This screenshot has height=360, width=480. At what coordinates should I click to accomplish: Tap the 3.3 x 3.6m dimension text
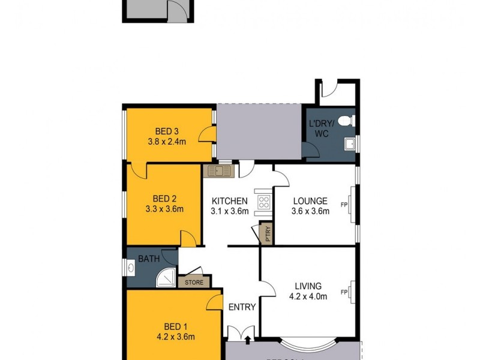pos(164,209)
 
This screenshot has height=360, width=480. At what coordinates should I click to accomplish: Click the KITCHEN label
pos(229,201)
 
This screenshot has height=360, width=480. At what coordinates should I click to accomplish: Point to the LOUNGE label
pos(310,201)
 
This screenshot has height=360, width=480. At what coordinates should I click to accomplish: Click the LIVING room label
pos(308,286)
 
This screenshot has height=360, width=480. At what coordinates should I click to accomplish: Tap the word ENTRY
pos(242,307)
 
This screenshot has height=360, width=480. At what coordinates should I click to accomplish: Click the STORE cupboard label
pos(194,282)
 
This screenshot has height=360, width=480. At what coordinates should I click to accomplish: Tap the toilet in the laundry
pos(346,122)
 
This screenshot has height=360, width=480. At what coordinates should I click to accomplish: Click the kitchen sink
pos(220,171)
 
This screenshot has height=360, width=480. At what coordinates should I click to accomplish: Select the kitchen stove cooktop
pos(263,202)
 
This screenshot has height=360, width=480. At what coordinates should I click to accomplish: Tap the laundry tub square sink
pos(349,143)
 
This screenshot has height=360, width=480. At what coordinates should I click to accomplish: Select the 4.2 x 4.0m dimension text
pos(308,296)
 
